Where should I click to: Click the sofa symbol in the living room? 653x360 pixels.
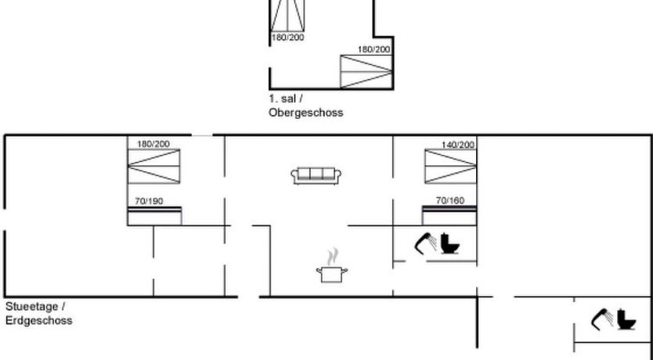[315, 175]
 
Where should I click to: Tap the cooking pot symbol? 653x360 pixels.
[332, 273]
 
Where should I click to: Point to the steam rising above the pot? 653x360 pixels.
[334, 255]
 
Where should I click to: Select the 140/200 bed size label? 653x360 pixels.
[458, 145]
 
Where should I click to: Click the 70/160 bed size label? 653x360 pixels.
[450, 200]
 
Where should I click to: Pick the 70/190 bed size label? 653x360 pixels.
[149, 201]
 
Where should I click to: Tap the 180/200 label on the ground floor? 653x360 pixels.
[153, 144]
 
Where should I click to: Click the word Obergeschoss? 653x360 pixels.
[305, 113]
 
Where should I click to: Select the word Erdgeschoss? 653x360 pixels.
[38, 321]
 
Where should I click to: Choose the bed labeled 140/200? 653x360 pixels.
[450, 166]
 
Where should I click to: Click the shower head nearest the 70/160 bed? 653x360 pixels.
[427, 243]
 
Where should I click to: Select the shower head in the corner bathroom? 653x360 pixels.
[602, 319]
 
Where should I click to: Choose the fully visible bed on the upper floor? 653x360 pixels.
[365, 73]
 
